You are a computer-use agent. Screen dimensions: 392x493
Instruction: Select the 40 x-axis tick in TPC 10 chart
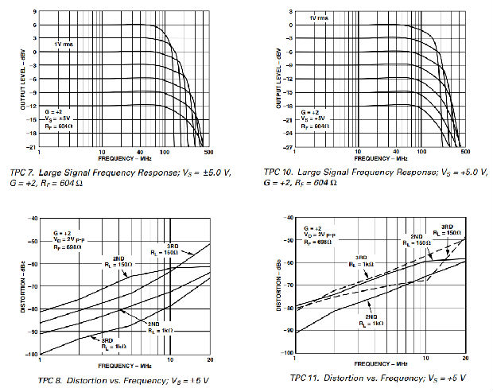(x=394, y=151)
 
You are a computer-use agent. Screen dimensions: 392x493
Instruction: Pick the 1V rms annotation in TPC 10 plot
(x=319, y=17)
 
